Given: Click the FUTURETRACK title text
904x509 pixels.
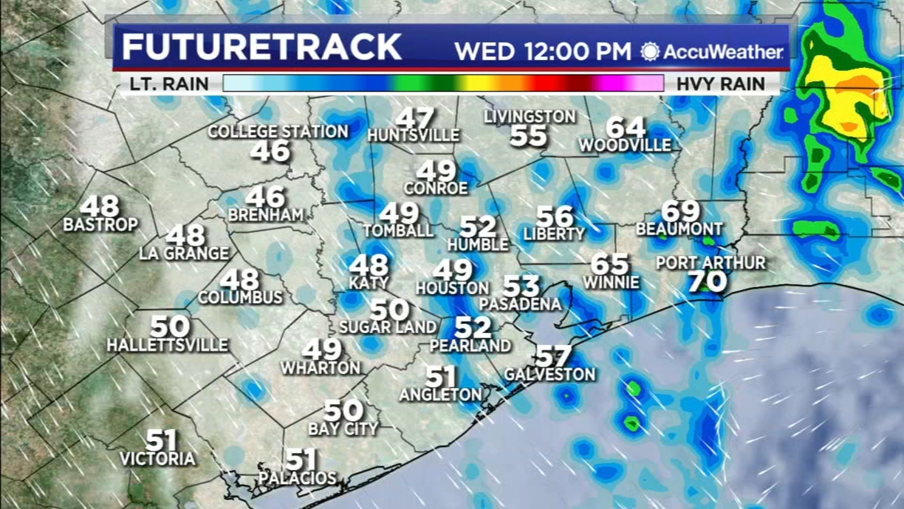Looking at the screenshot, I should pos(262,46).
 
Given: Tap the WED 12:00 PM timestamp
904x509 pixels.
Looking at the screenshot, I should pos(542,51).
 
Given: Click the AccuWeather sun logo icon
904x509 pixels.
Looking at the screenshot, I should pos(650,51).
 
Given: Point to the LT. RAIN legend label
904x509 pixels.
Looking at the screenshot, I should pos(169,84).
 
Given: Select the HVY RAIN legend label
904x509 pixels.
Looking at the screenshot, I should pos(720,84).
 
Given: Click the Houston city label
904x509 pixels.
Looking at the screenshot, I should pos(452,288).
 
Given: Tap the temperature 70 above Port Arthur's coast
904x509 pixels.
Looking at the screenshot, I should pos(707,282).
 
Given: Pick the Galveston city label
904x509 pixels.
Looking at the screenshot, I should pos(550,374).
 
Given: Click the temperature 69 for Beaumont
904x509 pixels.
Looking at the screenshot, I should pos(680,212).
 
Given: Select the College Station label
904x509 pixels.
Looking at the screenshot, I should pos(278,132).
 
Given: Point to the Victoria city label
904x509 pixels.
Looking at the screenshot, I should pos(158,458).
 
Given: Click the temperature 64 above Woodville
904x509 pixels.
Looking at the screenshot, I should pos(625,127).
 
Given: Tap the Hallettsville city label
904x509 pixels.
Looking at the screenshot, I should pos(167,344).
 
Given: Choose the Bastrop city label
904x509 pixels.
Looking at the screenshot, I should pos(100,225).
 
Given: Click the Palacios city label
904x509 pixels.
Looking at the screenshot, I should pos(297,478).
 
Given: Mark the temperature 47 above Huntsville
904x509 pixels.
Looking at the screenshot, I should pos(415,119).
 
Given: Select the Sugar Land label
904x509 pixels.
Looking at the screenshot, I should pos(388,327).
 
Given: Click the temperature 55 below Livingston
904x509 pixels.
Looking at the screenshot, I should pos(528,136).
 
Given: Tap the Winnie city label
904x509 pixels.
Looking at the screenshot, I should pos(611,282).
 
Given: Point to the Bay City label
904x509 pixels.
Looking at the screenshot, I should pos(343,429).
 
